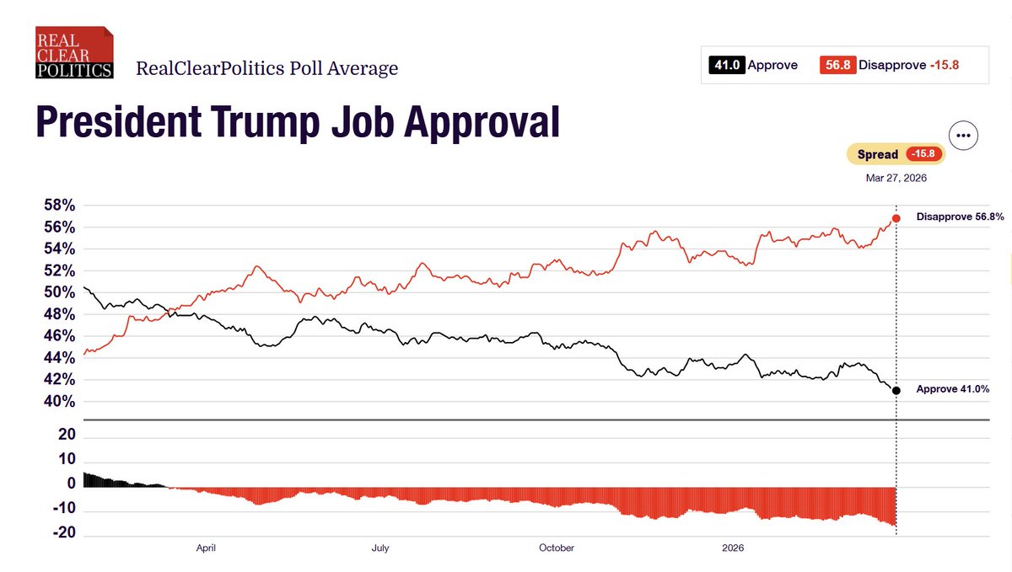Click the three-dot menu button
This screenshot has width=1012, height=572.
[x=962, y=136]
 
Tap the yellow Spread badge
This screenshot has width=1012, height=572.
[x=896, y=155]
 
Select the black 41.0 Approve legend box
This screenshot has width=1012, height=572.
[x=726, y=65]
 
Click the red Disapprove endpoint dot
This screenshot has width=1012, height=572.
[x=896, y=218]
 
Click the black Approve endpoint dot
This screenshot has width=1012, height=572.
[x=896, y=390]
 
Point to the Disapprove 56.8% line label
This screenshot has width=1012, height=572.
[x=960, y=217]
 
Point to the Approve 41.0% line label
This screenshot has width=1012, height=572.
[x=960, y=389]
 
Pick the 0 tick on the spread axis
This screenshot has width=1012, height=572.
[x=71, y=484]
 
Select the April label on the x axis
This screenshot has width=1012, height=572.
[x=206, y=548]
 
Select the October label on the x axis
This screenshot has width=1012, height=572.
[x=556, y=548]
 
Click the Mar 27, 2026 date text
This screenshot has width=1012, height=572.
[x=896, y=178]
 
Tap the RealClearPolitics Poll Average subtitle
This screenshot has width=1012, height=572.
[x=266, y=69]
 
